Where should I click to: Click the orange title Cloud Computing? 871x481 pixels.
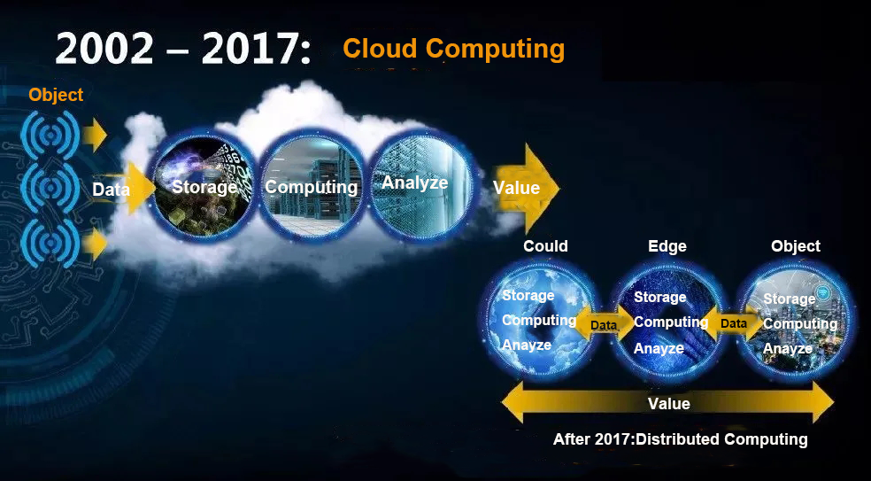click(454, 49)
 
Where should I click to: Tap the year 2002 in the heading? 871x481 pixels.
click(104, 49)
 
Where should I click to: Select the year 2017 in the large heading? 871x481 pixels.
click(250, 49)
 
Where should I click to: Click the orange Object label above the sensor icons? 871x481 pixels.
click(56, 95)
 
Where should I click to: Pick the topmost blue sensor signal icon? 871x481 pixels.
click(50, 136)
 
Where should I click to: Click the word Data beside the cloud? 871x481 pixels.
click(112, 190)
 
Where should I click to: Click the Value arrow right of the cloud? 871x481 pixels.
click(526, 188)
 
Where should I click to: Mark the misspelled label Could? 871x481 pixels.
click(545, 245)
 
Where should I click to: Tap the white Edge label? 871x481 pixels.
click(667, 245)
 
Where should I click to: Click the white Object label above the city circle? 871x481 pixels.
click(796, 245)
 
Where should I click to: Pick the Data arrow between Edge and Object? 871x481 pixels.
click(733, 323)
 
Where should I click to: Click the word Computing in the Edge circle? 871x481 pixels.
click(670, 322)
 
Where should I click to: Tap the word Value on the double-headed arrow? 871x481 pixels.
click(669, 403)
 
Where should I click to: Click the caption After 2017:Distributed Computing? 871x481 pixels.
click(680, 439)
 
